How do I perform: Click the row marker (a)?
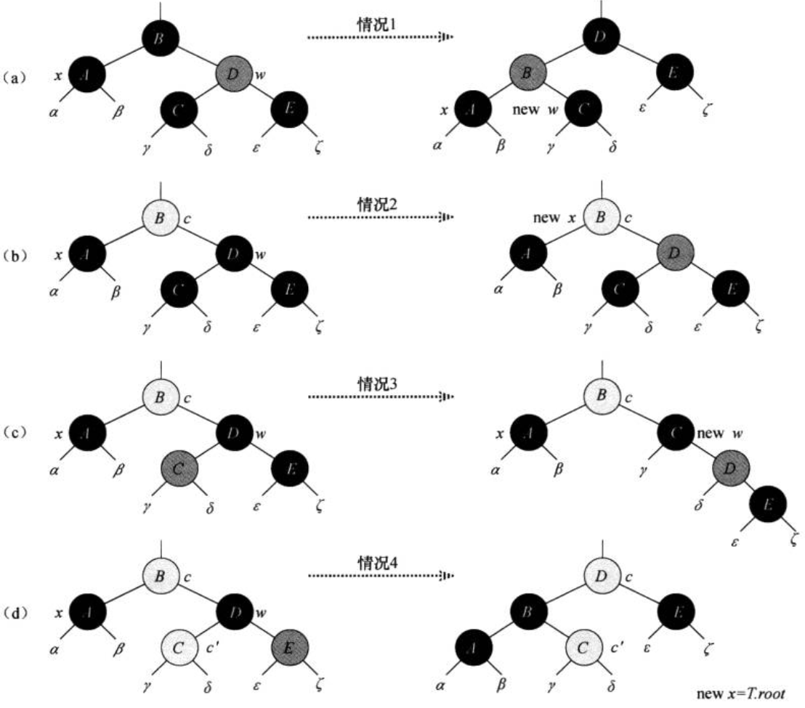pyautogui.click(x=20, y=76)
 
